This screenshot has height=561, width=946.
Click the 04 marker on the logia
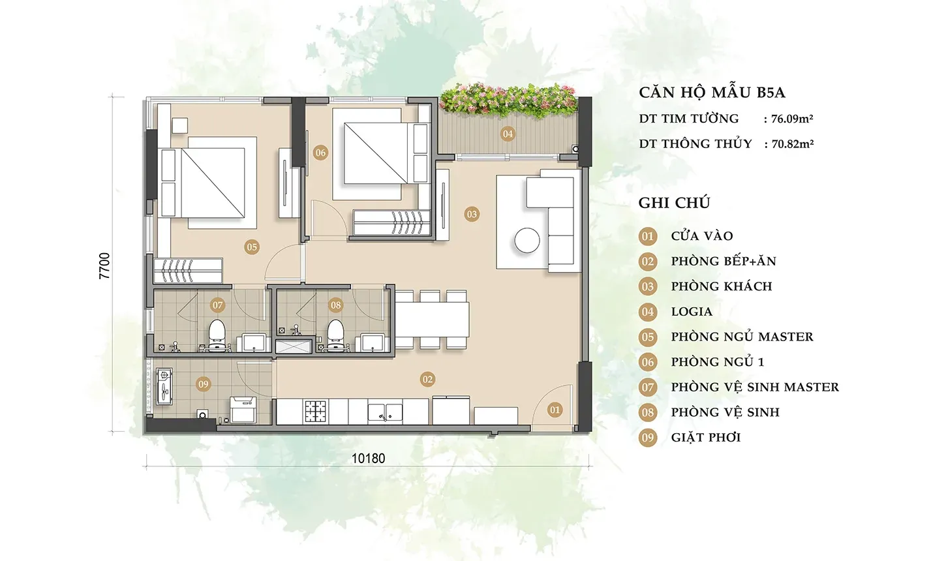pos(507,134)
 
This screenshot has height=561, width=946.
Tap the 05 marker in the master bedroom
pos(252,247)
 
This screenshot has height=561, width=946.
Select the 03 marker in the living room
pos(471,214)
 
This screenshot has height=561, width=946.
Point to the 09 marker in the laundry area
pos(203,384)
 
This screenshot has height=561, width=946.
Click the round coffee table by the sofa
pos(526,240)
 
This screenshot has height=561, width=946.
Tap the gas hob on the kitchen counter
pos(316,411)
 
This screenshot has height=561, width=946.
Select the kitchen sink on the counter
pos(384,412)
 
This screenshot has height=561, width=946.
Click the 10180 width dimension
pos(368,459)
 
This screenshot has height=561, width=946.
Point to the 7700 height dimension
pos(104,265)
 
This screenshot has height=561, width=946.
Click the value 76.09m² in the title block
pos(792,119)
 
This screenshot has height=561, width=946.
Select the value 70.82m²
pos(793,144)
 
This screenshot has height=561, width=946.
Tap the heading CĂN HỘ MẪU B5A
pos(712,93)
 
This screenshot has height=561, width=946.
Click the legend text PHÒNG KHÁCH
pos(722,286)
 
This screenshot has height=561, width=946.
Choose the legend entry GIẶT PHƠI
pos(706,437)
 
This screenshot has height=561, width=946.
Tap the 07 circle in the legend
pos(647,387)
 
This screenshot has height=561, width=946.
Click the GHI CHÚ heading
pos(674,203)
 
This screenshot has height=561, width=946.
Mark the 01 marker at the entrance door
pos(555,410)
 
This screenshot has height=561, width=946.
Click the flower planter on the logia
pos(508,100)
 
